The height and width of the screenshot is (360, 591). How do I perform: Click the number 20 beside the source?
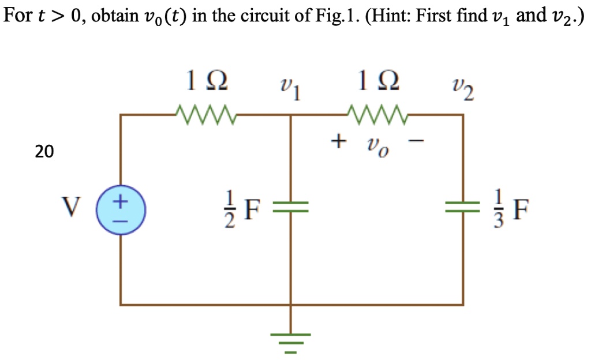click(x=43, y=152)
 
